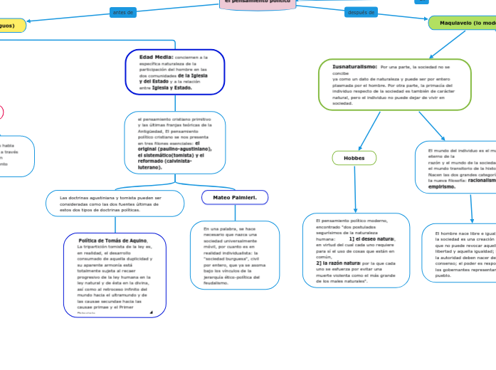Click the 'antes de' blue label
122,12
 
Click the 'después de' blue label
360,12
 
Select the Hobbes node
354,158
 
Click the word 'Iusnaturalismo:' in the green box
354,66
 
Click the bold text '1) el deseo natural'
371,239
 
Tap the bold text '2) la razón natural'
339,263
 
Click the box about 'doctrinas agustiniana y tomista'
114,203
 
